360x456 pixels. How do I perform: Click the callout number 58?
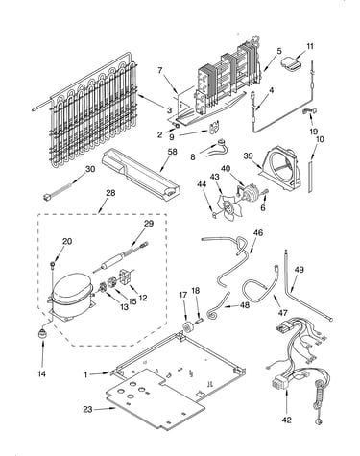pyautogui.click(x=172, y=152)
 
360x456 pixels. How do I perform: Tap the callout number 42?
pyautogui.click(x=287, y=420)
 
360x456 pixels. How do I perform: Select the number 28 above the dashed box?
pyautogui.click(x=110, y=193)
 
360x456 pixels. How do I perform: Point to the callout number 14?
pyautogui.click(x=41, y=373)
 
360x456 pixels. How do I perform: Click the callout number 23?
pyautogui.click(x=87, y=409)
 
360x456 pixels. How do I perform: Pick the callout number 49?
pyautogui.click(x=299, y=270)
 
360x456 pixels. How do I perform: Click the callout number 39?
pyautogui.click(x=248, y=156)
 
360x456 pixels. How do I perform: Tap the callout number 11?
pyautogui.click(x=310, y=46)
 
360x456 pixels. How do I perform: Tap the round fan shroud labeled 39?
pyautogui.click(x=281, y=170)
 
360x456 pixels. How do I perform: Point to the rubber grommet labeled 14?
pyautogui.click(x=41, y=335)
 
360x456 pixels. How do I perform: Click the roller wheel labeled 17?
pyautogui.click(x=187, y=326)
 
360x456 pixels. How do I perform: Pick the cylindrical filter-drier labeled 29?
pyautogui.click(x=111, y=260)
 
